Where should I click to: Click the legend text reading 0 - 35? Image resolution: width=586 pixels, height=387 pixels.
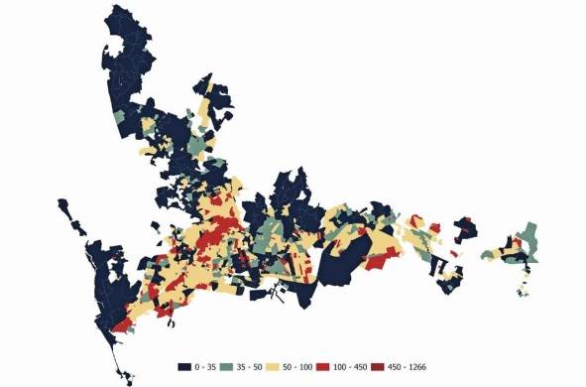205,366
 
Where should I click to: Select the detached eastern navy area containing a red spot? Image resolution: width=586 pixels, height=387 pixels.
463,228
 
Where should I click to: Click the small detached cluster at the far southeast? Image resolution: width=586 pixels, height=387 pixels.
523,288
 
